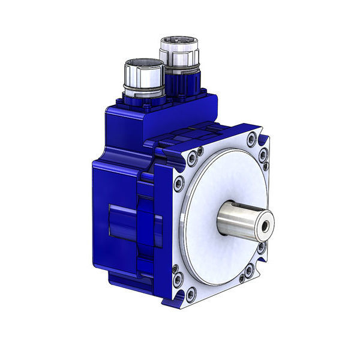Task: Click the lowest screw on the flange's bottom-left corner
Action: tap(191, 295)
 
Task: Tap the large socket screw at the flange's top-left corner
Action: tap(191, 160)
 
